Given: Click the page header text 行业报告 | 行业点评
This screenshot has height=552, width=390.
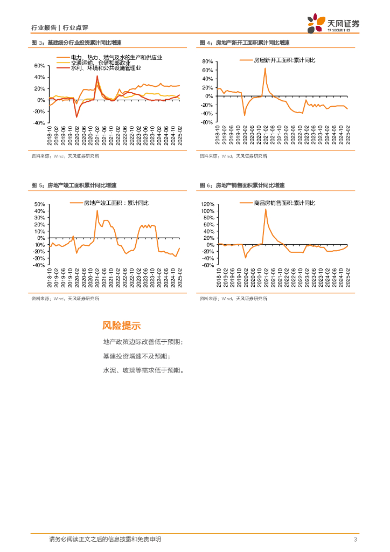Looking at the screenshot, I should [59, 27].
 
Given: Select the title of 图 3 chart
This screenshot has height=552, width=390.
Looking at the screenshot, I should [76, 43].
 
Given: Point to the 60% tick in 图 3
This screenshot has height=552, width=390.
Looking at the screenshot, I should [39, 66].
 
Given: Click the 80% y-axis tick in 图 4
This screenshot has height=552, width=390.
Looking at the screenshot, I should [208, 62].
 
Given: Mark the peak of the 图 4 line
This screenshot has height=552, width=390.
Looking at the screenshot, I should [265, 68].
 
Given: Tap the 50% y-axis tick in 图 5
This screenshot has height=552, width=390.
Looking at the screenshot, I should [39, 205].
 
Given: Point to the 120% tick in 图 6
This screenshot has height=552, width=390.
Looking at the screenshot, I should [207, 205].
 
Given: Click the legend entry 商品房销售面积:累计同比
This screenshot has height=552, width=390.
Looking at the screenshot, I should [285, 203].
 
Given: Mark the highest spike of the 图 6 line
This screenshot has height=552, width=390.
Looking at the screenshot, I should [266, 209].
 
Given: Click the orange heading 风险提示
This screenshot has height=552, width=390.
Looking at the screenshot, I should [121, 326].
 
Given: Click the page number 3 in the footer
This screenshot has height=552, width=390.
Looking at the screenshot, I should [355, 540].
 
